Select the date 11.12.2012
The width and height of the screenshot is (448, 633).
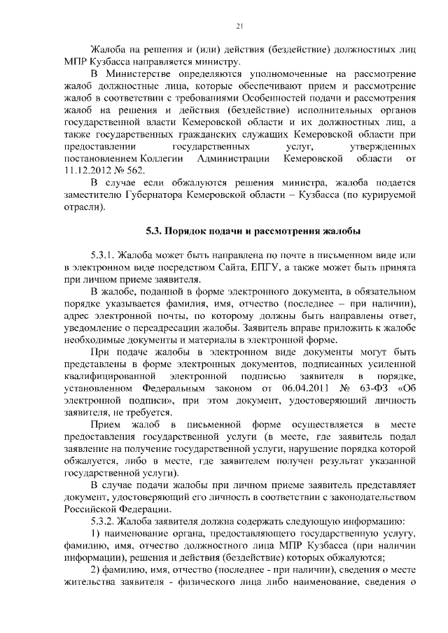(90, 170)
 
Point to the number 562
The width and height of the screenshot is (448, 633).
(136, 170)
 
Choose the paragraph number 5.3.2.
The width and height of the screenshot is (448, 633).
(103, 522)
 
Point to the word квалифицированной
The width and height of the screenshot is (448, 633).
(107, 374)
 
